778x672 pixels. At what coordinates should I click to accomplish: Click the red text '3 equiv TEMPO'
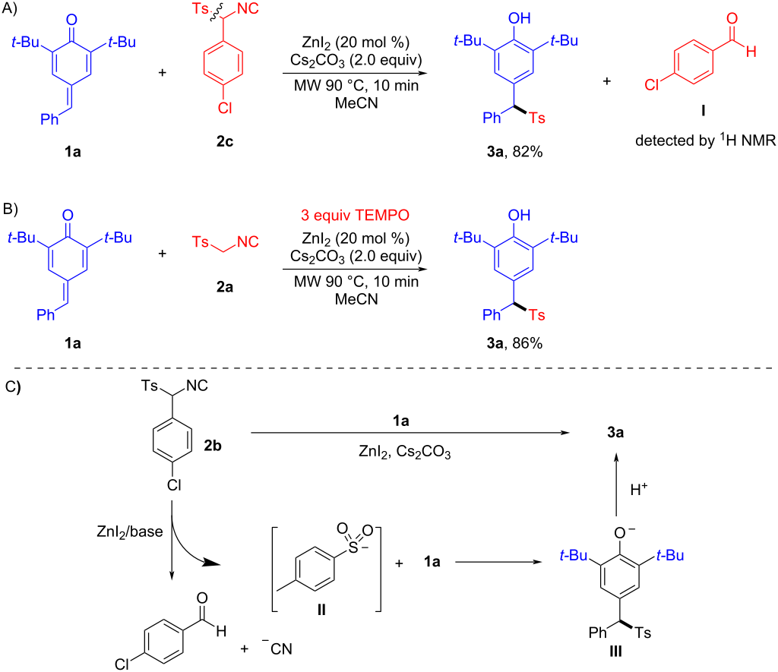pyautogui.click(x=355, y=215)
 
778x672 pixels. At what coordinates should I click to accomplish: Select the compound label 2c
pyautogui.click(x=225, y=142)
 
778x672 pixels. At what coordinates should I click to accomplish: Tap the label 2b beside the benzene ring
pyautogui.click(x=213, y=446)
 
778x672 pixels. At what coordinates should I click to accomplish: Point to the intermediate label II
pyautogui.click(x=321, y=609)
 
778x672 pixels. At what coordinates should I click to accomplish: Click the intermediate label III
pyautogui.click(x=615, y=651)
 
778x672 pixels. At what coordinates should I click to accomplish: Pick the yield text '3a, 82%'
pyautogui.click(x=514, y=152)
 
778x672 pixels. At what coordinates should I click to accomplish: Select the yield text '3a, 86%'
pyautogui.click(x=514, y=343)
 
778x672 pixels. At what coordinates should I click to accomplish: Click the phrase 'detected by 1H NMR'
pyautogui.click(x=705, y=140)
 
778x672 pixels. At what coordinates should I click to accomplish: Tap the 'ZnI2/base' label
pyautogui.click(x=129, y=532)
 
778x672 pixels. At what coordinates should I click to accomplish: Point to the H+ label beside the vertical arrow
pyautogui.click(x=638, y=490)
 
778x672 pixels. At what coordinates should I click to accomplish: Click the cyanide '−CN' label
pyautogui.click(x=277, y=648)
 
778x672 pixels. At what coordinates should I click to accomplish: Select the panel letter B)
pyautogui.click(x=10, y=209)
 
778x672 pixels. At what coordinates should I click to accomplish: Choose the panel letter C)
pyautogui.click(x=13, y=386)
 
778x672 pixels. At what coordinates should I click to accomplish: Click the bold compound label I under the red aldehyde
pyautogui.click(x=703, y=110)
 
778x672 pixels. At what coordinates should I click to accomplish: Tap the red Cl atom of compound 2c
pyautogui.click(x=225, y=108)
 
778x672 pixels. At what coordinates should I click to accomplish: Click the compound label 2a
pyautogui.click(x=225, y=287)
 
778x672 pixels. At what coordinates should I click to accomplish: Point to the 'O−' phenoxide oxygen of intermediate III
pyautogui.click(x=624, y=532)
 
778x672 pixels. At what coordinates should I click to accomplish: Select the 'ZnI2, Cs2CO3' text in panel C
pyautogui.click(x=404, y=452)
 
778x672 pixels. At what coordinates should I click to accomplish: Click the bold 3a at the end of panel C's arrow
pyautogui.click(x=615, y=433)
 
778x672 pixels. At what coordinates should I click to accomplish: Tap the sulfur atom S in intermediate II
pyautogui.click(x=353, y=547)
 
